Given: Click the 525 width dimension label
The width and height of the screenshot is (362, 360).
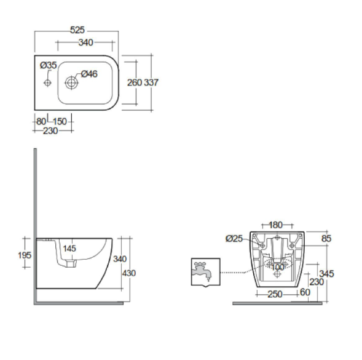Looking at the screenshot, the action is [77, 30].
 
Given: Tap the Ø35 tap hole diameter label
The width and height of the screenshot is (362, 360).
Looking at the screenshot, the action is [49, 65].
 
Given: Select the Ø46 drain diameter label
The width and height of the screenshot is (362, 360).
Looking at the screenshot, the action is [89, 74].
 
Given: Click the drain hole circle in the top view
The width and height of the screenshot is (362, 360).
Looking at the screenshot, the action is [71, 82].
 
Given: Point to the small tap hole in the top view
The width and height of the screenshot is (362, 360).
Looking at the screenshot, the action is [47, 82].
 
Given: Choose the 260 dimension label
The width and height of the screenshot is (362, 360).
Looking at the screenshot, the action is [135, 82].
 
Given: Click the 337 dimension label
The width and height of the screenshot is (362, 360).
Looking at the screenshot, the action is [151, 82].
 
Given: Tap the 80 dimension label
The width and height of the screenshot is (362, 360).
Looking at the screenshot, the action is [41, 121].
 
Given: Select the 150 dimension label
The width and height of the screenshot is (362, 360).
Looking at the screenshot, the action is [60, 121].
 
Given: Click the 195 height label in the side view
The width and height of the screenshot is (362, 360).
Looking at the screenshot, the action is [25, 255].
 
